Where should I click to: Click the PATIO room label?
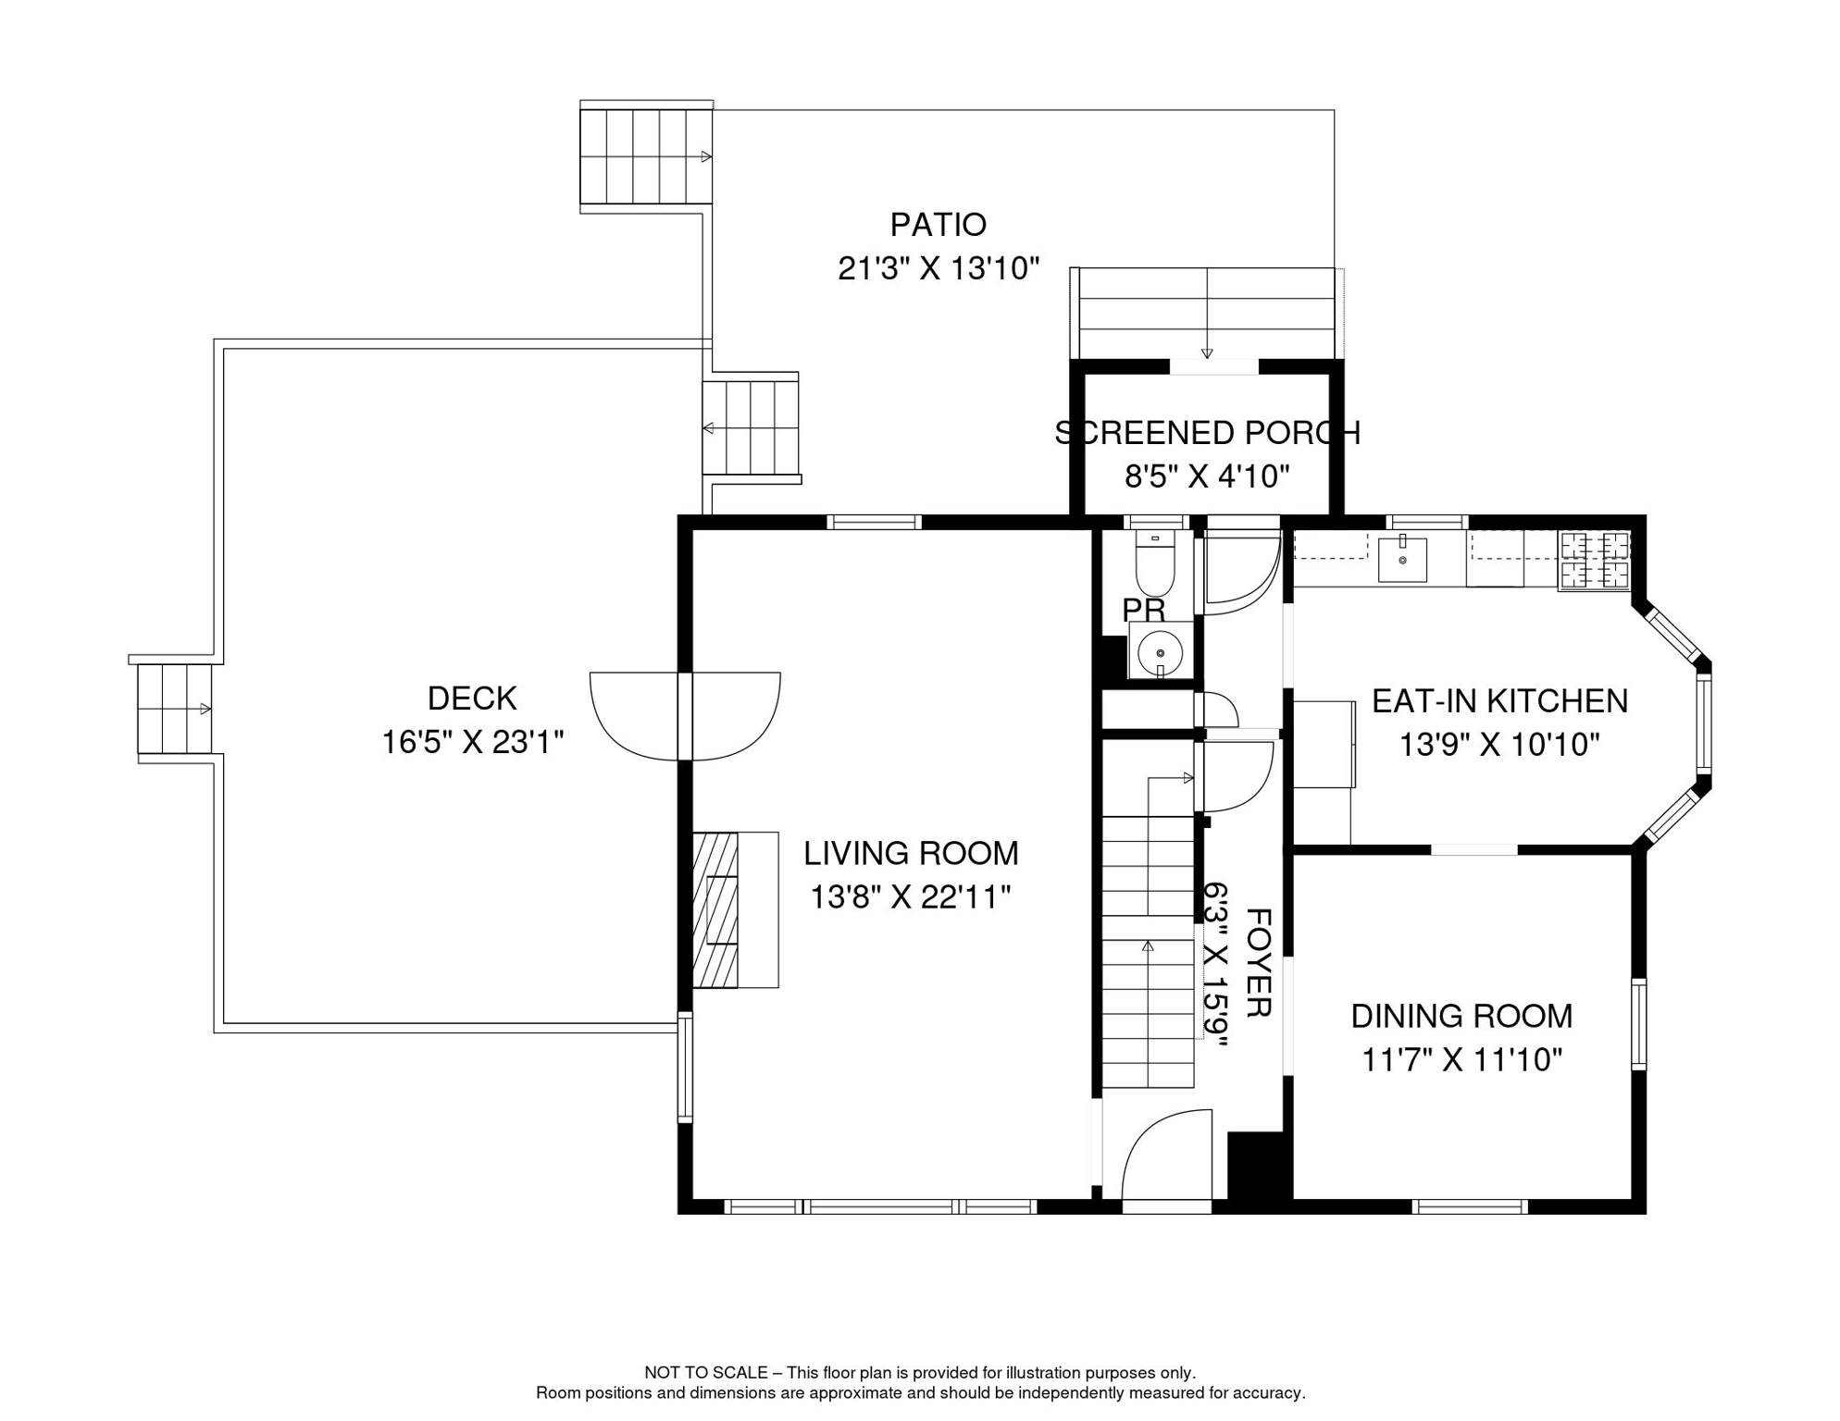pos(938,224)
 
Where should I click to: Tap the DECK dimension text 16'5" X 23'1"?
pos(473,742)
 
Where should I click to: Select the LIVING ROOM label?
pos(911,853)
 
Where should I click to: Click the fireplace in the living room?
pos(735,909)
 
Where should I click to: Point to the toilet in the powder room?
pos(1154,563)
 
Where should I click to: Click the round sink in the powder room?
pos(1160,652)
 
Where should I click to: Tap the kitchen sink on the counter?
pos(1402,559)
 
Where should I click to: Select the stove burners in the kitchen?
pos(1595,561)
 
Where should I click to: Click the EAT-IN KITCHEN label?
pos(1499,701)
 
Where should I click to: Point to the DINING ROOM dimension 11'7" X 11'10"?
pos(1461,1059)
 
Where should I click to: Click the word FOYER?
pos(1258,962)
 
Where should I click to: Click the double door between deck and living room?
pos(685,716)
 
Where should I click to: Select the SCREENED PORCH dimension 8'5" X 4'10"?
pos(1207,476)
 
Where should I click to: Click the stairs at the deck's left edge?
pos(174,709)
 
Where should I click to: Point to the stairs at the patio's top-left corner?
pos(646,156)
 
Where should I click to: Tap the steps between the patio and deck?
pos(751,427)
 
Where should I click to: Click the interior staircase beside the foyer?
pos(1148,952)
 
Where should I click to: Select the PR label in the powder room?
pos(1143,611)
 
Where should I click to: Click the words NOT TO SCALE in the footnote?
pos(705,1373)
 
